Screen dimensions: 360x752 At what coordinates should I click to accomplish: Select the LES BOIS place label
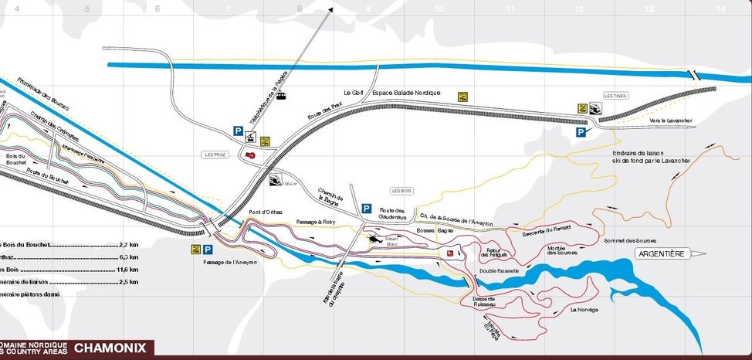(402, 190)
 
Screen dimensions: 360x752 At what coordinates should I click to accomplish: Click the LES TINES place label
(614, 96)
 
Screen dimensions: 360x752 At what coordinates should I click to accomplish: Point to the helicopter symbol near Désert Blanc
(374, 240)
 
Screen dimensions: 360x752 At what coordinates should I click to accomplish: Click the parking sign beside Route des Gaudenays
(368, 209)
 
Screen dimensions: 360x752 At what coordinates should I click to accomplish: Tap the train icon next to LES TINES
(596, 109)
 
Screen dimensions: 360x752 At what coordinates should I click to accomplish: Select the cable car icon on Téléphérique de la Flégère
(283, 97)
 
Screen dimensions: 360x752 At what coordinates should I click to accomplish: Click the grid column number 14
(720, 8)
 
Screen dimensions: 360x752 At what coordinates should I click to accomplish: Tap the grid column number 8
(300, 8)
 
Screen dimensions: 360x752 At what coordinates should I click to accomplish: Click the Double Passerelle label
(498, 271)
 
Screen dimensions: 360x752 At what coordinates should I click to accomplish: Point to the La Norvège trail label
(584, 310)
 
